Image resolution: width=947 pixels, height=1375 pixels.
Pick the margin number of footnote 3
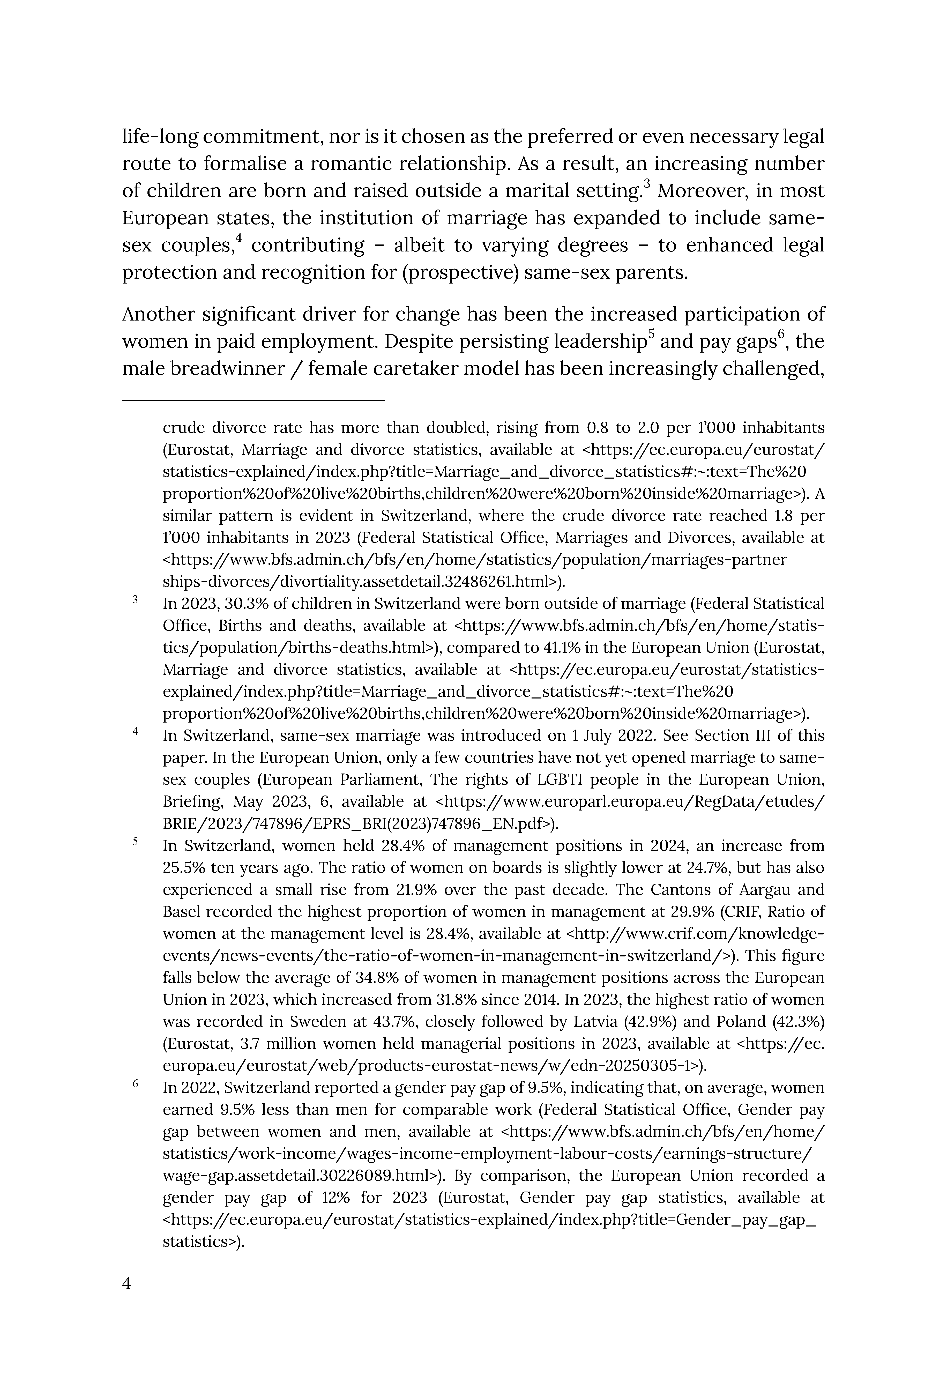click(x=135, y=600)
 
